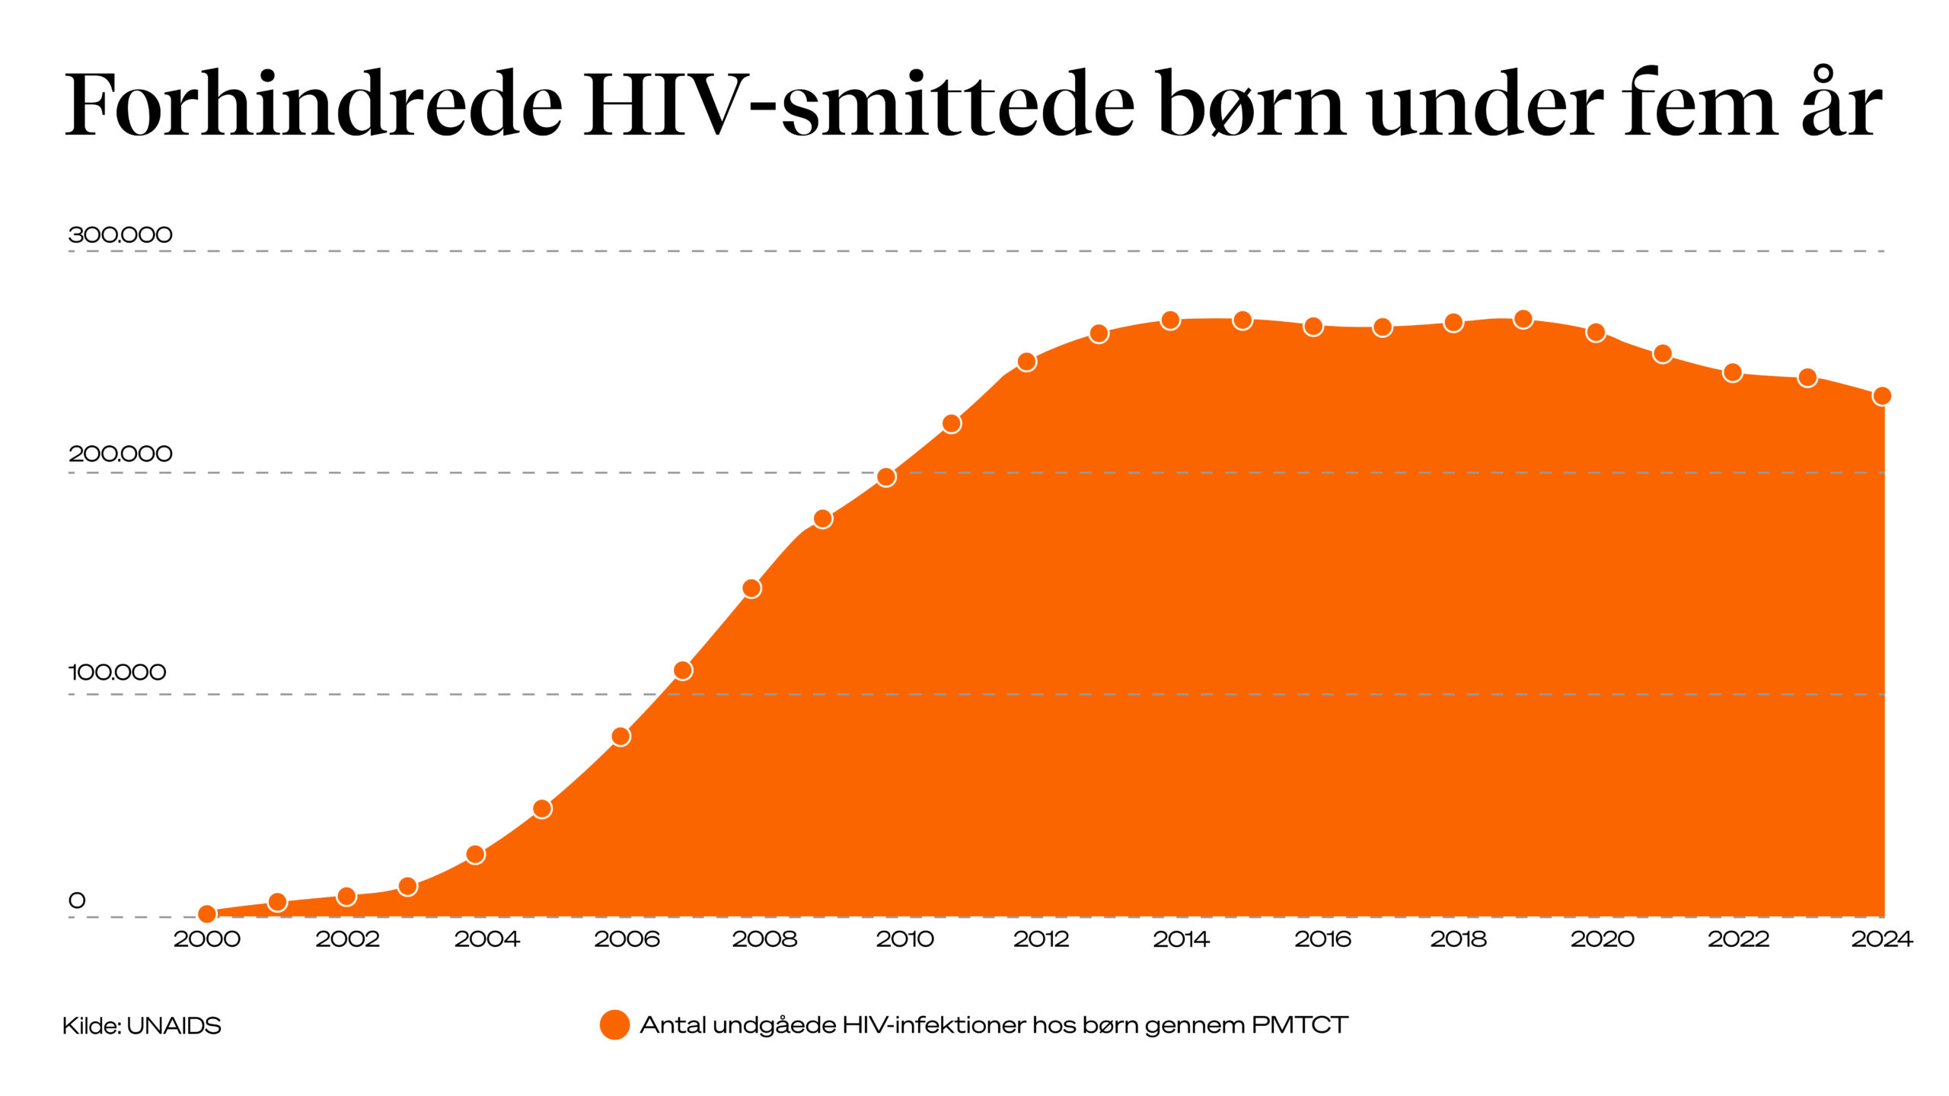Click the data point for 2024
point(1881,396)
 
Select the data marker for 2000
point(206,913)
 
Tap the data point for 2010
point(886,477)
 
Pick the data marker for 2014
point(1170,320)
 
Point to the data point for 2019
point(1523,319)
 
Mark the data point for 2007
point(683,671)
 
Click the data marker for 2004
point(475,855)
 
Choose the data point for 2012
point(1026,362)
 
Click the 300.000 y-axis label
point(120,234)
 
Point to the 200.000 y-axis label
point(120,454)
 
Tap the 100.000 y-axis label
point(117,672)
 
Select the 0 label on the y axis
point(77,900)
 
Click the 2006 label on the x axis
point(627,939)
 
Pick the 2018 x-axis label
point(1458,939)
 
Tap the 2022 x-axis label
point(1738,939)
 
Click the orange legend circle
point(614,1024)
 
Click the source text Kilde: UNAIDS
point(142,1026)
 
